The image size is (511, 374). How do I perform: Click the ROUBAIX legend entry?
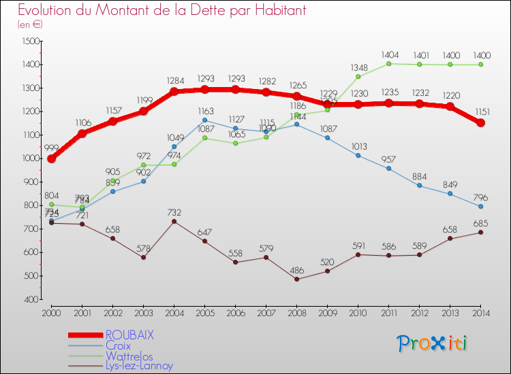pos(129,335)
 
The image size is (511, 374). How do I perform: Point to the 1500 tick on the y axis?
pos(30,41)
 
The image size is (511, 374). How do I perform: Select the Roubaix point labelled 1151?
pos(480,123)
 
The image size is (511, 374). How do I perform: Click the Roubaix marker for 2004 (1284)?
pos(174,92)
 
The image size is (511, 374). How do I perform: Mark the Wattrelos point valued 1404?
pos(388,64)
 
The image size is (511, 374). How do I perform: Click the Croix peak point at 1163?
pos(204,120)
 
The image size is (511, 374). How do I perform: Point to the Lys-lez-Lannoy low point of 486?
pos(296,279)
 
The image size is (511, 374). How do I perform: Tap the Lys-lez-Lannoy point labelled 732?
pos(174,221)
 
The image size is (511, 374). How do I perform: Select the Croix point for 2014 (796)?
pos(480,206)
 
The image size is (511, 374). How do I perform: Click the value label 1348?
pos(358,67)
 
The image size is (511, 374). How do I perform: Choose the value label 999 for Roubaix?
pos(51,148)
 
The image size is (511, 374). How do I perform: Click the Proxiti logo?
pos(433,343)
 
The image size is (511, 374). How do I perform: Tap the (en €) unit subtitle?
pos(31,24)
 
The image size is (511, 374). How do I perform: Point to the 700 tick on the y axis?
pos(30,229)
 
